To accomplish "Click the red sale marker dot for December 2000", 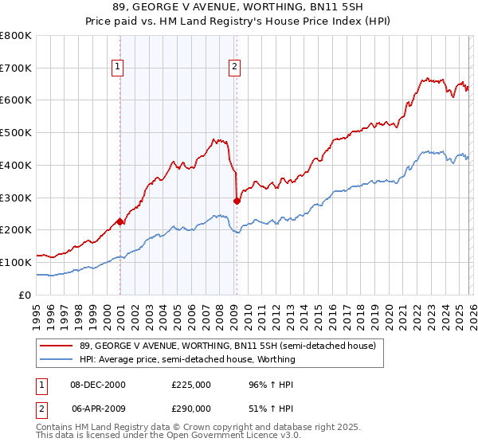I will (119, 222).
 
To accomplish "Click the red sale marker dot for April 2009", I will (237, 201).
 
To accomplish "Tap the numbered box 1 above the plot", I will (117, 67).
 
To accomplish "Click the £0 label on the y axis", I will (25, 295).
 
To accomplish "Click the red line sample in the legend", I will (57, 345).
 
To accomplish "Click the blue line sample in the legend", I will (57, 359).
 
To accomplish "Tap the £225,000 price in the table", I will (191, 384).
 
